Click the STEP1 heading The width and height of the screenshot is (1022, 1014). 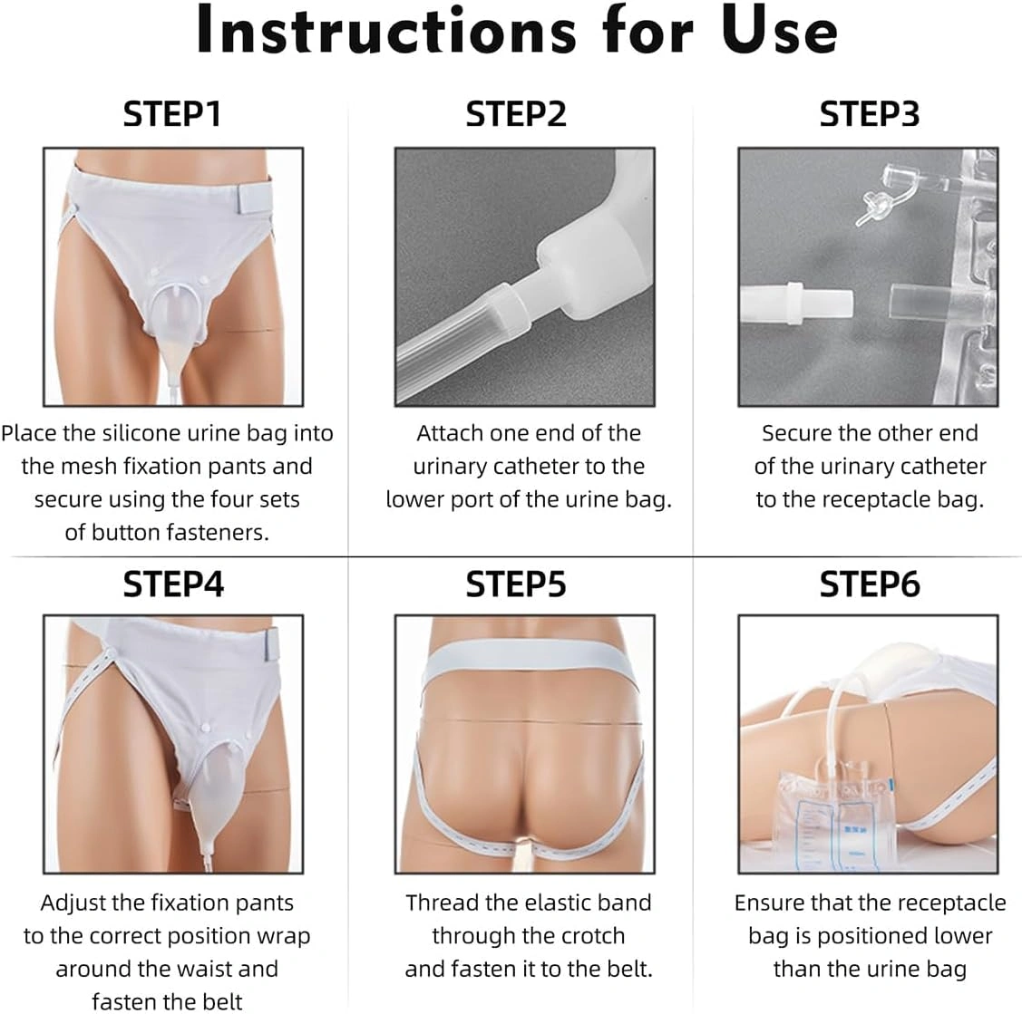click(172, 114)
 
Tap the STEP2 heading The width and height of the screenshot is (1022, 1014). click(516, 114)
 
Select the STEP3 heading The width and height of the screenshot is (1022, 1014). click(870, 114)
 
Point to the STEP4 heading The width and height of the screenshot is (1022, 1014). click(173, 584)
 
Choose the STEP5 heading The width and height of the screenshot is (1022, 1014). click(516, 584)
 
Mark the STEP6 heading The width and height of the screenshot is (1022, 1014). click(870, 584)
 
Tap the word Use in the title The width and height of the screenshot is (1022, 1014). click(780, 30)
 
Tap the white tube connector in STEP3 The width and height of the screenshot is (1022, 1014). click(796, 304)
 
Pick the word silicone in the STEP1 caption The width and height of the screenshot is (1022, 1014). click(139, 433)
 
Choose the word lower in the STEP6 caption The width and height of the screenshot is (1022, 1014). click(963, 936)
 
